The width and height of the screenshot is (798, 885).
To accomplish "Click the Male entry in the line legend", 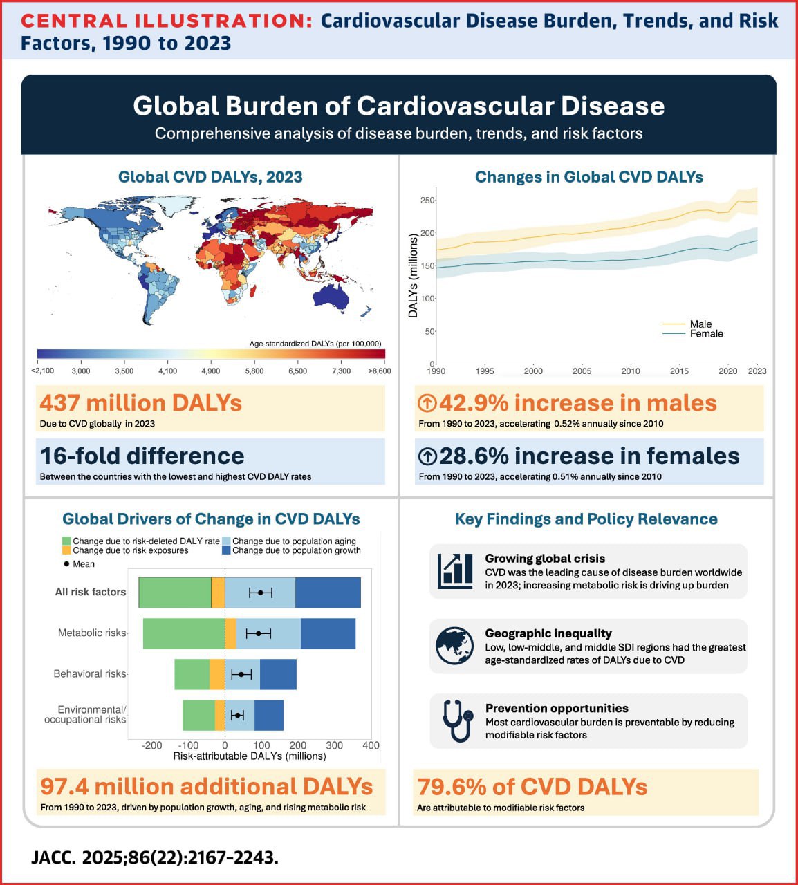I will [700, 324].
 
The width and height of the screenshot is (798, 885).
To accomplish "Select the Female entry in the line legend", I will [706, 333].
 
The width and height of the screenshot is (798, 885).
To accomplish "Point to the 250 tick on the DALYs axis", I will [427, 201].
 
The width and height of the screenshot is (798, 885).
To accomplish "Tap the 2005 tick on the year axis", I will [582, 371].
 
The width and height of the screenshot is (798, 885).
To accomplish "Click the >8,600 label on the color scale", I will [379, 371].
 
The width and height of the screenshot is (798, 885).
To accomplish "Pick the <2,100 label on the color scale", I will [43, 371].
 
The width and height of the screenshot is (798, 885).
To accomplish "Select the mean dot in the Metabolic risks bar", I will [259, 633].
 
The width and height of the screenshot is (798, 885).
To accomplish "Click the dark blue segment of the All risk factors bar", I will [328, 593].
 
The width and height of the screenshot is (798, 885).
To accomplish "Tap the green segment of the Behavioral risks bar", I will [192, 674].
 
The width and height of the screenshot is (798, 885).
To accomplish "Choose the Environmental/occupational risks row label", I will [85, 714].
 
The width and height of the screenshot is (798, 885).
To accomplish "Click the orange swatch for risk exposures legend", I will [66, 551].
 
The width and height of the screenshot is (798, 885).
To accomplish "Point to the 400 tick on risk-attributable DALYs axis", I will [371, 745].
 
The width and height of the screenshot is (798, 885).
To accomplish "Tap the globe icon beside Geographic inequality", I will [455, 646].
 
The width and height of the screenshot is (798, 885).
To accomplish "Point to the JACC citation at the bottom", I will [155, 858].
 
